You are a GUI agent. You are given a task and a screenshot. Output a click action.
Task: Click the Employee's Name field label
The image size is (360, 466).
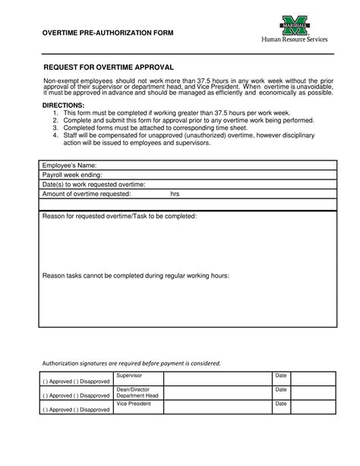click(70, 165)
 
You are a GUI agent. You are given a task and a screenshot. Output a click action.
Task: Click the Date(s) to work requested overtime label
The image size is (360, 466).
click(93, 184)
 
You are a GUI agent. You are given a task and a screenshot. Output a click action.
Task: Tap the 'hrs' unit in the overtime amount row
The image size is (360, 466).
click(175, 194)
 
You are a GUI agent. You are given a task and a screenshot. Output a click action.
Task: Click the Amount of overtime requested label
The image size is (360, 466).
click(87, 194)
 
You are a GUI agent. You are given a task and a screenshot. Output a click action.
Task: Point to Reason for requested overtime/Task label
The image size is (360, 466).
click(119, 217)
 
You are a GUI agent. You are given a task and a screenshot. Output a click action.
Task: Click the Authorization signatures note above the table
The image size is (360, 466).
click(131, 363)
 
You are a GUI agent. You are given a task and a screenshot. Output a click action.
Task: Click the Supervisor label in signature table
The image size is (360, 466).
click(128, 376)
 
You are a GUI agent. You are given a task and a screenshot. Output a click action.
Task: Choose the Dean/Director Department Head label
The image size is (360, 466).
click(137, 392)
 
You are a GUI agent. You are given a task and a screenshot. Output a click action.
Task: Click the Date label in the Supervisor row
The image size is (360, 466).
click(280, 376)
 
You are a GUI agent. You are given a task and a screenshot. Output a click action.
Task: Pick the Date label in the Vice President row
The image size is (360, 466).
click(280, 404)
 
